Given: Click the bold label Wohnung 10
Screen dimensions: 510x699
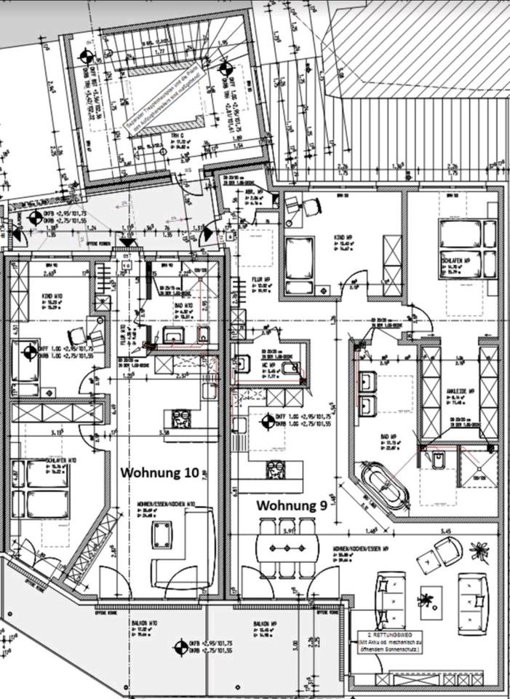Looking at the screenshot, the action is click(159, 472).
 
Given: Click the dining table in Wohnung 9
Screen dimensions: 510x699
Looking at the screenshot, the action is click(287, 548).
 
